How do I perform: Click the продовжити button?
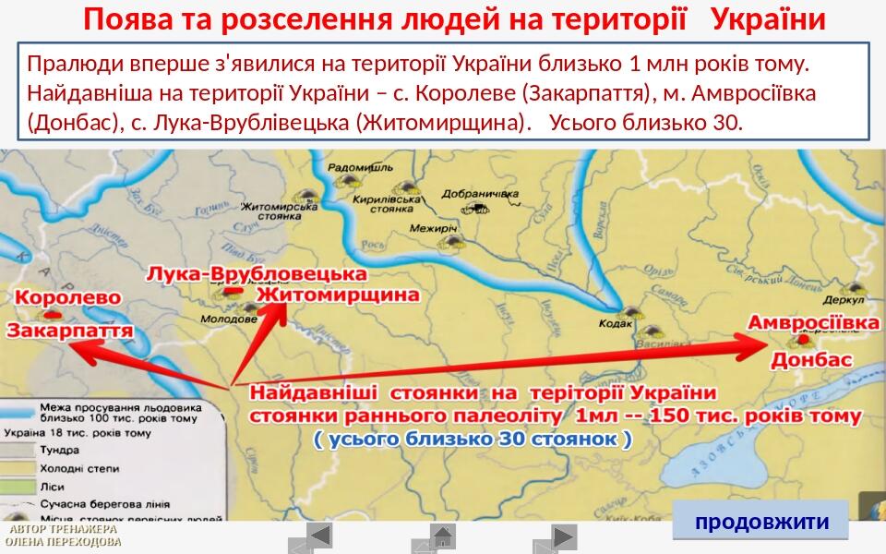coord(761,522)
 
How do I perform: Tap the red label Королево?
coord(67,298)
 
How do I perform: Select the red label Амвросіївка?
coord(813,323)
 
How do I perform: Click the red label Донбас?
coord(811,360)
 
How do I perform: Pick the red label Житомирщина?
coord(337,295)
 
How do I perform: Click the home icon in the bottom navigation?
coord(443,535)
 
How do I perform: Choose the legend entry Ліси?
coord(52,486)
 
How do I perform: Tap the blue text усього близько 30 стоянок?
coord(473,440)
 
